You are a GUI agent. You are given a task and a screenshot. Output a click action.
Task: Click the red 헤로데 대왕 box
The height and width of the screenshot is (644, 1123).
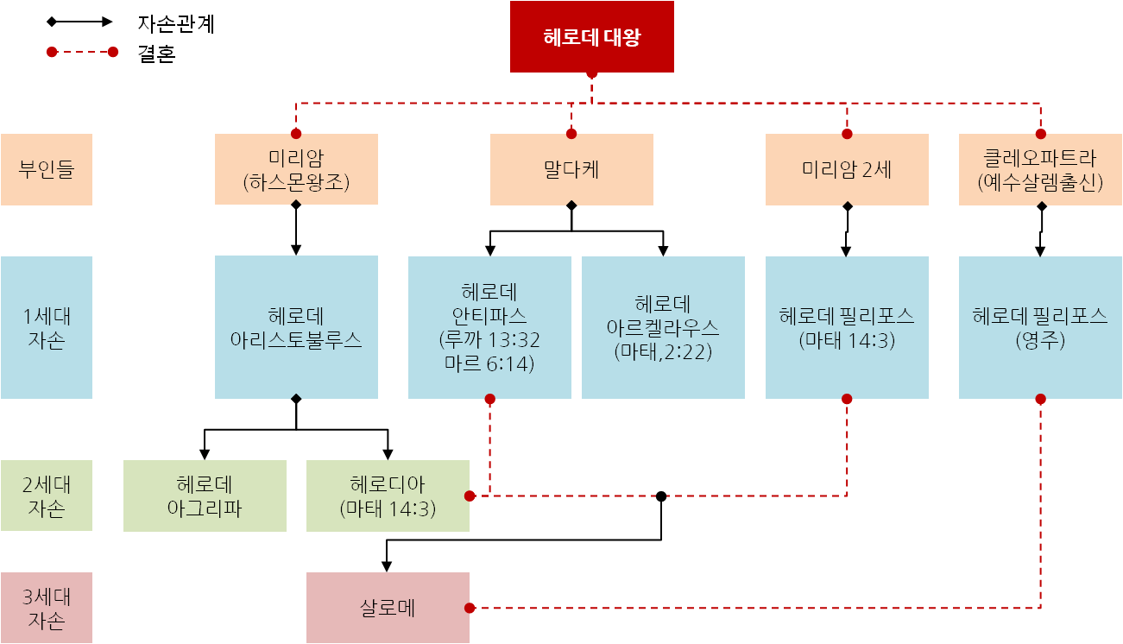pyautogui.click(x=591, y=37)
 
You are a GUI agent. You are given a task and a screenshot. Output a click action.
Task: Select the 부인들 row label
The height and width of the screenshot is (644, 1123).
pyautogui.click(x=47, y=169)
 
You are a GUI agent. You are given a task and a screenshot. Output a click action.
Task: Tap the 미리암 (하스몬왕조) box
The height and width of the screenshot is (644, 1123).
pyautogui.click(x=296, y=169)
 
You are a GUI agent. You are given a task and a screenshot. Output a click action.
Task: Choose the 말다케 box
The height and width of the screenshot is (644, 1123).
pyautogui.click(x=571, y=169)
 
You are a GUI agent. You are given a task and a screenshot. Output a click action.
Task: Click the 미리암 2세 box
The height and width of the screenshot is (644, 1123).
pyautogui.click(x=847, y=169)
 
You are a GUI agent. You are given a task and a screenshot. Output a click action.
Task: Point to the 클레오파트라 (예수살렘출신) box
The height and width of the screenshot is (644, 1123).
pyautogui.click(x=1040, y=169)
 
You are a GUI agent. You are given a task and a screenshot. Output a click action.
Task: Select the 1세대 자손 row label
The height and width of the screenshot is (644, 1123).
pyautogui.click(x=47, y=326)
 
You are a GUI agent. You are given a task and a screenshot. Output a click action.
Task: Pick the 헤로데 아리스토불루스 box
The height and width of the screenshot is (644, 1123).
pyautogui.click(x=296, y=326)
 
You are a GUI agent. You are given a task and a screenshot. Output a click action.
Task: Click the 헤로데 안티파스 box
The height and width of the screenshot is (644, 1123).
pyautogui.click(x=489, y=326)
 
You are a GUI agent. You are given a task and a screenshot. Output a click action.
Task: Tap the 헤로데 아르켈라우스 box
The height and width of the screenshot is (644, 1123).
pyautogui.click(x=663, y=326)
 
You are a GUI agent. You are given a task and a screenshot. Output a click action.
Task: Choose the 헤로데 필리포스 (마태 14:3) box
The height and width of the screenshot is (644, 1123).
pyautogui.click(x=847, y=326)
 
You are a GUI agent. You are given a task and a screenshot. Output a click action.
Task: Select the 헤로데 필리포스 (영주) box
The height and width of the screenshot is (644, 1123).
pyautogui.click(x=1040, y=326)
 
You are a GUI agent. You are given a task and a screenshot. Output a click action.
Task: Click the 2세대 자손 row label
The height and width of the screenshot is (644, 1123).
pyautogui.click(x=47, y=496)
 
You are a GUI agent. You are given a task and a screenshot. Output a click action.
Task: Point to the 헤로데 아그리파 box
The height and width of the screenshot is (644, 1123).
pyautogui.click(x=205, y=496)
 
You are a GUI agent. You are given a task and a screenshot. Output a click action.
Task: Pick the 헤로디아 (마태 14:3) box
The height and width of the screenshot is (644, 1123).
pyautogui.click(x=388, y=496)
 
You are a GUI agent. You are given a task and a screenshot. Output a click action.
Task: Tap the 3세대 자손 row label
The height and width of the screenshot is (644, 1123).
pyautogui.click(x=47, y=608)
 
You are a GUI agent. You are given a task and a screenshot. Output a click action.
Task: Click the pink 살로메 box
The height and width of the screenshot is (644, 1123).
pyautogui.click(x=388, y=608)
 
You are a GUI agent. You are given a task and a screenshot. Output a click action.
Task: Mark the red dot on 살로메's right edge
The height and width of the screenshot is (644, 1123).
pyautogui.click(x=470, y=608)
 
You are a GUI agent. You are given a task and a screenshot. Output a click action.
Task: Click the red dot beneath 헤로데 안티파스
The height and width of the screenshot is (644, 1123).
pyautogui.click(x=490, y=399)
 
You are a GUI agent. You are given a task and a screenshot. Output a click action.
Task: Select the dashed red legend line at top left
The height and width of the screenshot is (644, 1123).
pyautogui.click(x=82, y=52)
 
